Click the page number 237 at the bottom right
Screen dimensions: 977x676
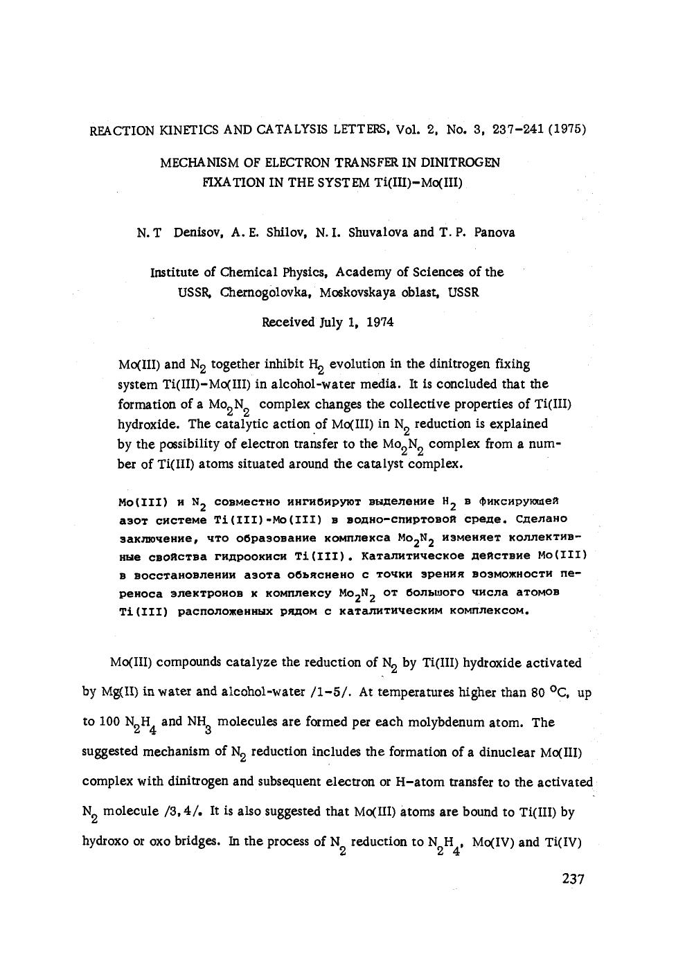point(573,879)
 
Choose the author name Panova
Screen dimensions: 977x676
point(495,233)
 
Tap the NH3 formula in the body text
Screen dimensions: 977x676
point(199,723)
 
